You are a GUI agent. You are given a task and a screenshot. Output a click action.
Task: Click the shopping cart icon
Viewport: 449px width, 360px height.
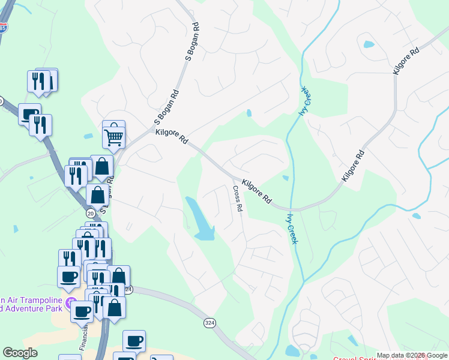point(113,136)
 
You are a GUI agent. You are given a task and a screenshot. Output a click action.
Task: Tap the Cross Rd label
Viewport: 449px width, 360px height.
point(237,199)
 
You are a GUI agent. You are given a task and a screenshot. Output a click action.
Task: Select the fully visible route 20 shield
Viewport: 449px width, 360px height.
point(91,213)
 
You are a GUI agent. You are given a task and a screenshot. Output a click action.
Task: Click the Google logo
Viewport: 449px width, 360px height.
point(20,353)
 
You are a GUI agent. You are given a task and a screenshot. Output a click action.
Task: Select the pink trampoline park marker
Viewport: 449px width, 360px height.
point(71,302)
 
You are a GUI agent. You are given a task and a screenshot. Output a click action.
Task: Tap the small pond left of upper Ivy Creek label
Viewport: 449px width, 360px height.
point(249,113)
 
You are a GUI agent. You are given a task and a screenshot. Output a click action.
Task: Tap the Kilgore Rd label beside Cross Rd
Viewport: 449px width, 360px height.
point(257,191)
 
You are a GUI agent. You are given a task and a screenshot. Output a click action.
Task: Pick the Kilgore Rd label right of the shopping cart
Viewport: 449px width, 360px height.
point(172,137)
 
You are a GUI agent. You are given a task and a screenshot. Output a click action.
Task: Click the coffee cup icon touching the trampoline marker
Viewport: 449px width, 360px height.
point(81,312)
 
